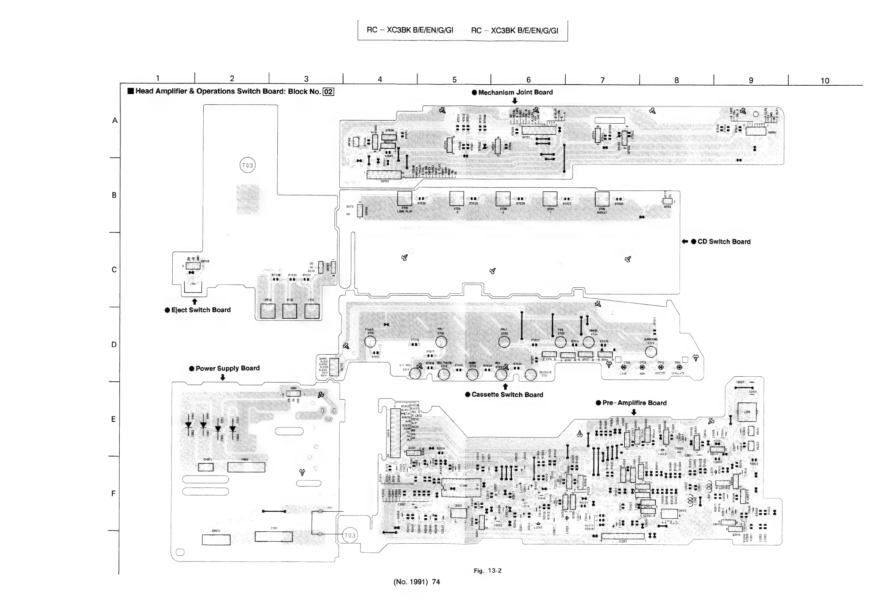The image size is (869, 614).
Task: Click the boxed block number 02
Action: [x=328, y=92]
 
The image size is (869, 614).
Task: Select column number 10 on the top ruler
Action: [x=825, y=81]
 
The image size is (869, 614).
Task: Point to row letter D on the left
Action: [x=114, y=345]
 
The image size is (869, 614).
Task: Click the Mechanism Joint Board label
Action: [x=515, y=92]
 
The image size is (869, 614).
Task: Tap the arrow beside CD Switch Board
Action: [x=685, y=242]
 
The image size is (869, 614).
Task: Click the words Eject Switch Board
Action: [x=201, y=310]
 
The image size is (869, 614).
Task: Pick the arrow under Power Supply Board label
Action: [x=223, y=377]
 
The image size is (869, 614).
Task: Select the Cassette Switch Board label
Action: [x=507, y=395]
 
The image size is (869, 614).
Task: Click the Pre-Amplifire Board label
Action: [x=634, y=403]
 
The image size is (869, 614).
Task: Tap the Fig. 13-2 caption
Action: [x=488, y=571]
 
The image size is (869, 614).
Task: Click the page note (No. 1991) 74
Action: [x=417, y=582]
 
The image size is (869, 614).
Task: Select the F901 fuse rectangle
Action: [x=274, y=536]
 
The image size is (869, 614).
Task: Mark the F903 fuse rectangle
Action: [x=246, y=467]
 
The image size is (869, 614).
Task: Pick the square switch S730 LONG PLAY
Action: [x=405, y=198]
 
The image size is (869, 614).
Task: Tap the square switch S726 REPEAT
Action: [x=602, y=199]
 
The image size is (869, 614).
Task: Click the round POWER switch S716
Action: [x=370, y=341]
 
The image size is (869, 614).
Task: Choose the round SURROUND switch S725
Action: [x=651, y=351]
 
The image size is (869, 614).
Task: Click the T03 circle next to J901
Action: [x=350, y=535]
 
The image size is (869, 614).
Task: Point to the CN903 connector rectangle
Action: [x=205, y=467]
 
